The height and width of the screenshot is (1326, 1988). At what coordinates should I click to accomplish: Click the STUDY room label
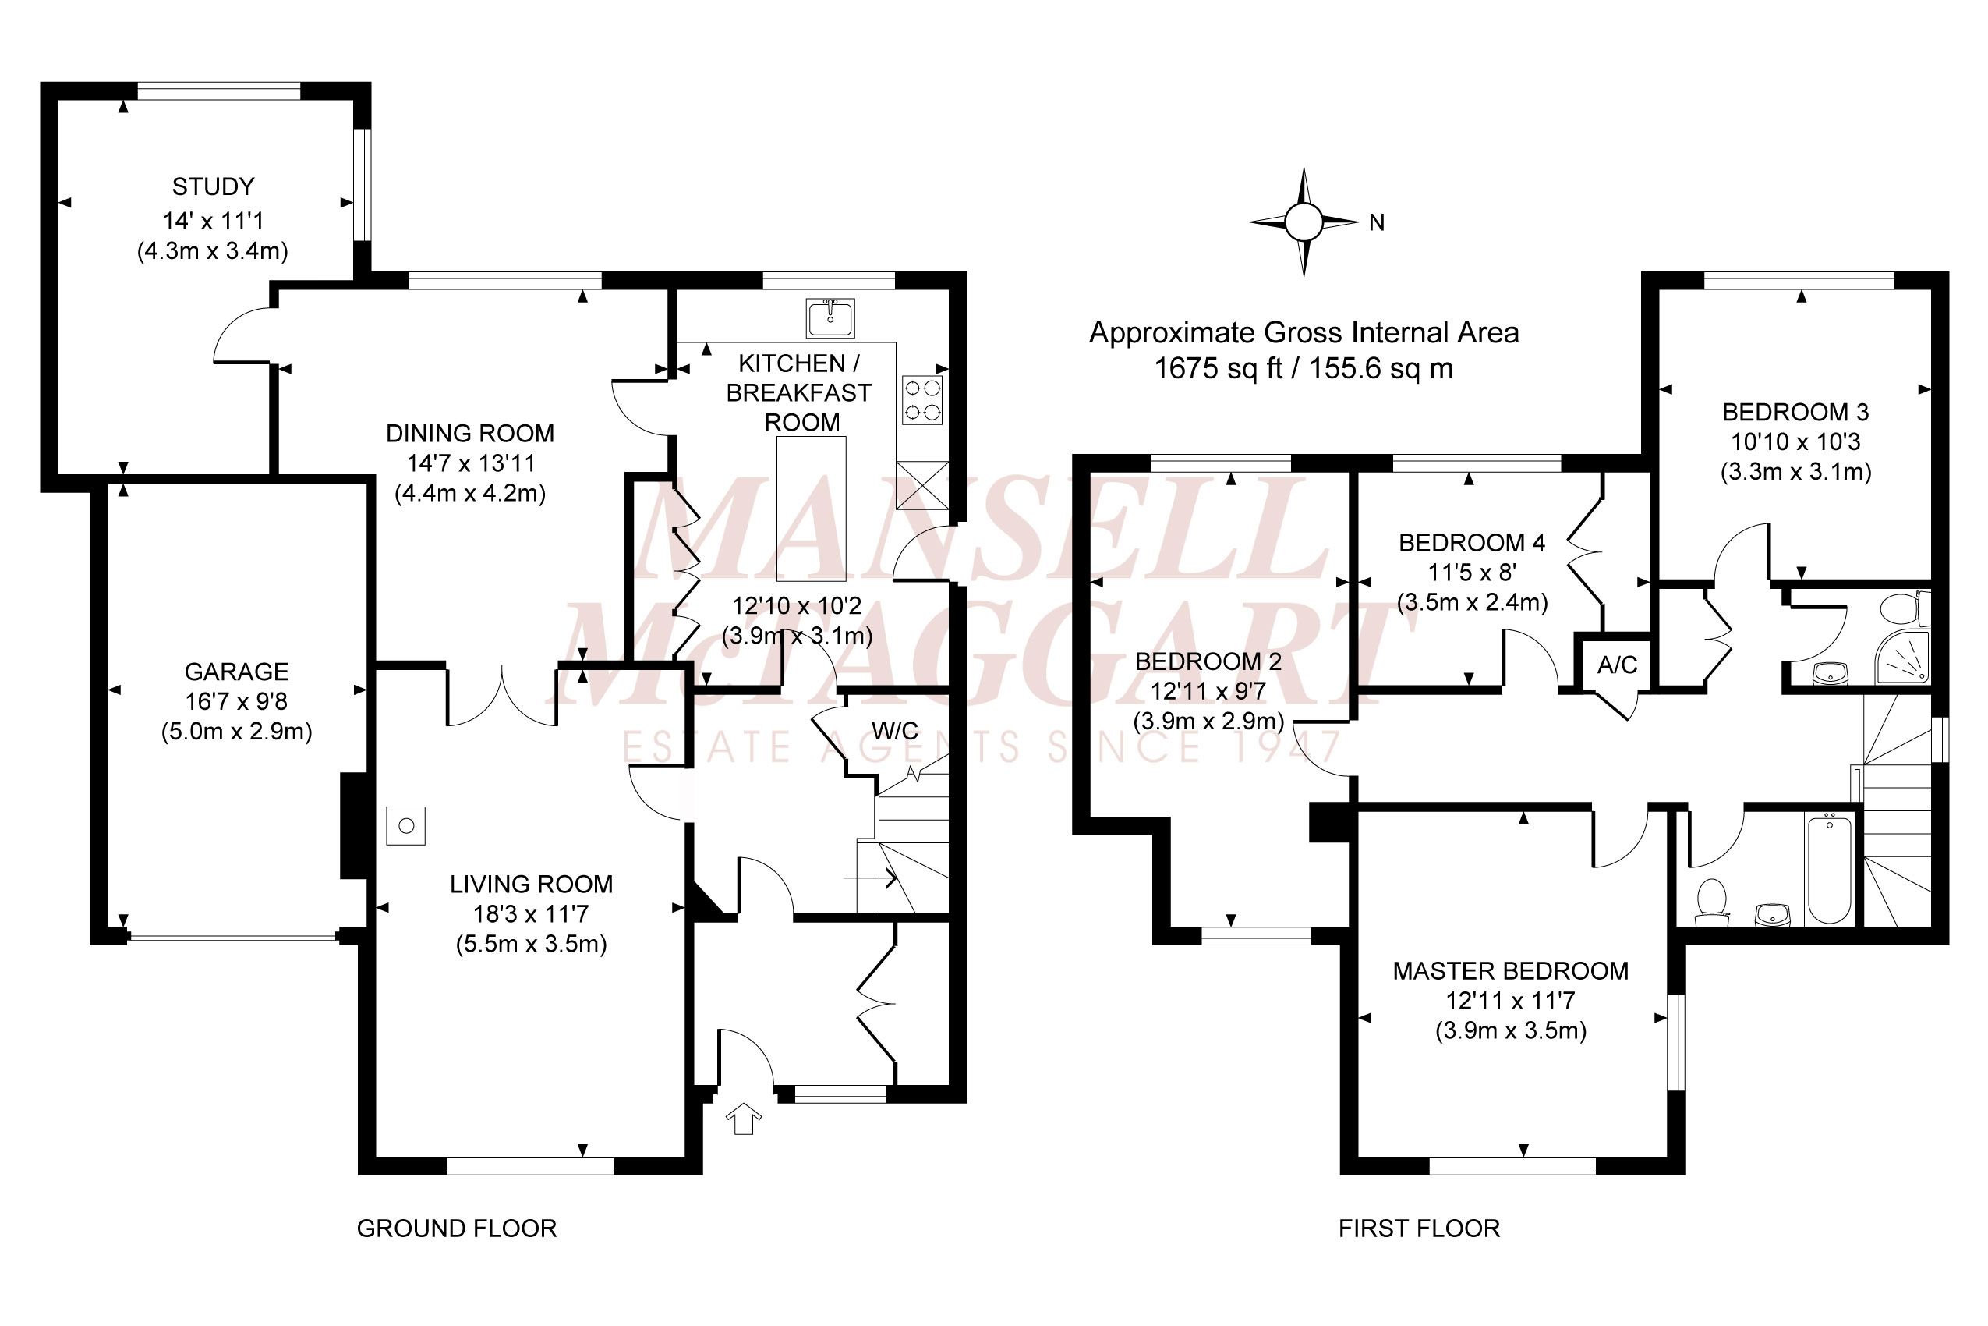(213, 186)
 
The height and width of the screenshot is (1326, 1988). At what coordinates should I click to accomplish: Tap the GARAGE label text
(237, 672)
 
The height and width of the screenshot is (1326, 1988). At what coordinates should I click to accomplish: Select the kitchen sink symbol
(830, 317)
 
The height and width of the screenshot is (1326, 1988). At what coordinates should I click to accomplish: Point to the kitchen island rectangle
(811, 509)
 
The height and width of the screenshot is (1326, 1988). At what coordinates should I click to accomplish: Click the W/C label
(894, 731)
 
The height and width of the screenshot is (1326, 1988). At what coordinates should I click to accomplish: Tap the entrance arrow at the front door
(744, 1118)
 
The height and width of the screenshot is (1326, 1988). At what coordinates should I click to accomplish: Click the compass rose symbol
(1304, 222)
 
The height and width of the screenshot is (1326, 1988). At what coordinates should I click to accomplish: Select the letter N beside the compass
(1377, 222)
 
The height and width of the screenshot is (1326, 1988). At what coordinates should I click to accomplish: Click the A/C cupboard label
(1617, 665)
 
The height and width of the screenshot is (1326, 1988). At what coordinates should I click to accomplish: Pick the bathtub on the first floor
(1828, 868)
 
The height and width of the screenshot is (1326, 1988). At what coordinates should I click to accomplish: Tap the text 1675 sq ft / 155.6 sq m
(1304, 369)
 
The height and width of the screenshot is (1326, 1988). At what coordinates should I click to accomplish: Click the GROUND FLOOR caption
(456, 1228)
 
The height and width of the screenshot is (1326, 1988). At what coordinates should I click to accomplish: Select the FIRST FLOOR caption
(1419, 1228)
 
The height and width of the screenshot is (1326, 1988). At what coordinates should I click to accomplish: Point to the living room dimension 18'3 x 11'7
(531, 914)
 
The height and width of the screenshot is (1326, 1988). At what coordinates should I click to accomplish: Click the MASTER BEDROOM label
(1510, 971)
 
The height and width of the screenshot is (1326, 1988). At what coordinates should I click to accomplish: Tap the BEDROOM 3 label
(1795, 412)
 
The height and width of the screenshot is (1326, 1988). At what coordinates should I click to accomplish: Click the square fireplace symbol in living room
(405, 825)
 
